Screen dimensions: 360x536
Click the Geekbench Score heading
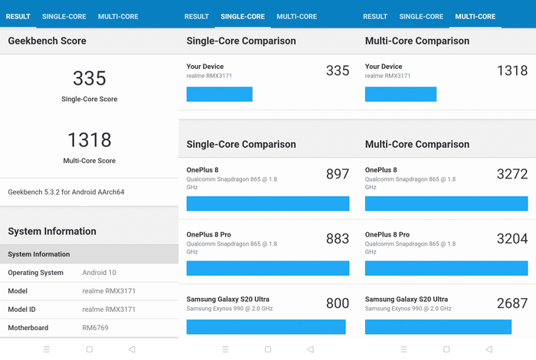[x=47, y=41]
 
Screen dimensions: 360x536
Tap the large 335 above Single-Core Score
[x=89, y=78]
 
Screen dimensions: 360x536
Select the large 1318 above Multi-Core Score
[x=89, y=139]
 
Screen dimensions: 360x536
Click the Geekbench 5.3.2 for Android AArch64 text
[x=66, y=191]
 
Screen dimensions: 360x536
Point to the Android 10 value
[x=100, y=273]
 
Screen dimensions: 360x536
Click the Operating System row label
[x=35, y=273]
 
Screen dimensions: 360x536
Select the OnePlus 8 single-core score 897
[x=337, y=175]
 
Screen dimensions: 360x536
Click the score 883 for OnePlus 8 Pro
[x=337, y=239]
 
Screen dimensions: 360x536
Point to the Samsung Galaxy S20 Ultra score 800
[x=337, y=303]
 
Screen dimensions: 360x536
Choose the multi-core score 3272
[x=511, y=175]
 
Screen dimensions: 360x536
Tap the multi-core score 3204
[x=511, y=239]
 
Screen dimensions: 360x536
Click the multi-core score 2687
[x=511, y=303]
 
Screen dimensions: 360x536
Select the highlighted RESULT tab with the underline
[x=18, y=16]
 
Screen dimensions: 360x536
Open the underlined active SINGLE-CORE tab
[x=243, y=16]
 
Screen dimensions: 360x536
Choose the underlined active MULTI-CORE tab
[x=475, y=16]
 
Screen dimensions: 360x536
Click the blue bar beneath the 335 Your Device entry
[x=219, y=94]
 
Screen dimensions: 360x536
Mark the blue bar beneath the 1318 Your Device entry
[x=400, y=94]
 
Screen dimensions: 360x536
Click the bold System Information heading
[x=52, y=231]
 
